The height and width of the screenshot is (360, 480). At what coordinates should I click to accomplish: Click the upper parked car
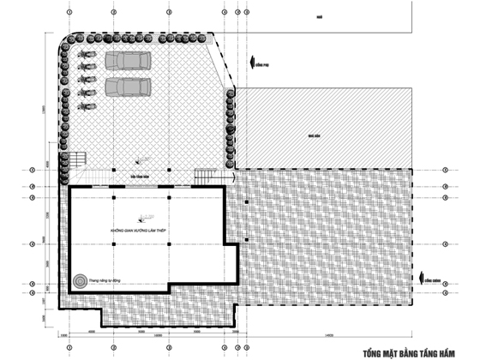point(128,62)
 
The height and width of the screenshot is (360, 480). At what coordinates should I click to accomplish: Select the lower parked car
point(128,87)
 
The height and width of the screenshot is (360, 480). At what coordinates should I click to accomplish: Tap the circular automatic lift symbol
point(81,279)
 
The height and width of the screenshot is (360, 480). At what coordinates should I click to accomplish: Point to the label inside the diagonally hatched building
point(315,135)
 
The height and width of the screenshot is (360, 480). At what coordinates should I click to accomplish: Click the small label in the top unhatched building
point(317,16)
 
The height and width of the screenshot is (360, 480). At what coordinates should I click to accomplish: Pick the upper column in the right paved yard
point(246,201)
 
